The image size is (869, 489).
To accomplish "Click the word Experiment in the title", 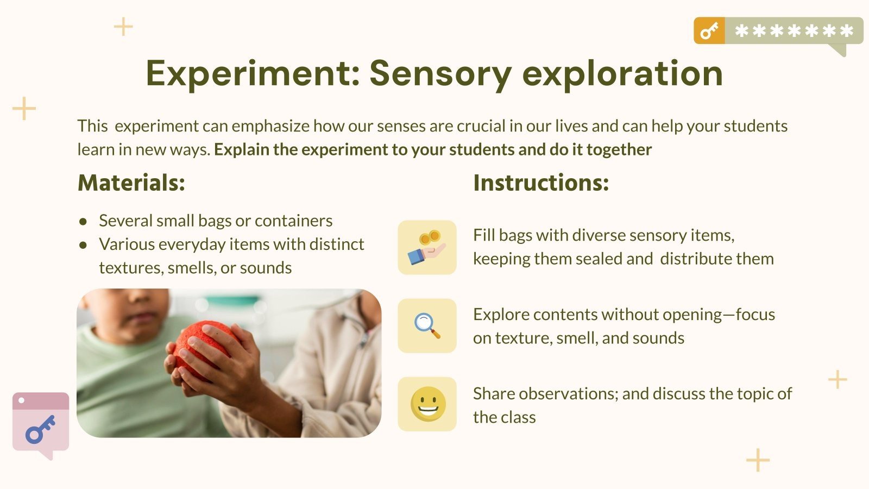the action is tap(253, 73).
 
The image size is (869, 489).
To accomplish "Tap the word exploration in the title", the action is tap(622, 73).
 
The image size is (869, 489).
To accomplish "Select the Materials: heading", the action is tap(131, 183).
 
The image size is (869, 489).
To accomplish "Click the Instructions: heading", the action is tap(541, 183).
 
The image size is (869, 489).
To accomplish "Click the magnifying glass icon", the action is tap(427, 325).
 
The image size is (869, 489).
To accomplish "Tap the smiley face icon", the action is tap(428, 404).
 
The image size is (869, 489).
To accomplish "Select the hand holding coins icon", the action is tap(427, 248).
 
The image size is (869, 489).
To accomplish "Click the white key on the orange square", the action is tap(709, 30).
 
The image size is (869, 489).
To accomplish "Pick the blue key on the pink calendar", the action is tap(40, 429).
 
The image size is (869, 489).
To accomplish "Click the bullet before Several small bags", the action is tap(83, 222).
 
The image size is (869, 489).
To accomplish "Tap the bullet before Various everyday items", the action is tap(83, 245).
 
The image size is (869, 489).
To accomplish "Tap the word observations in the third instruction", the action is tap(568, 394).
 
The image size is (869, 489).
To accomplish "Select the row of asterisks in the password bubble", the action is tap(794, 30).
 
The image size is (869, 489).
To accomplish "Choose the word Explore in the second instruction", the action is tap(501, 315).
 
